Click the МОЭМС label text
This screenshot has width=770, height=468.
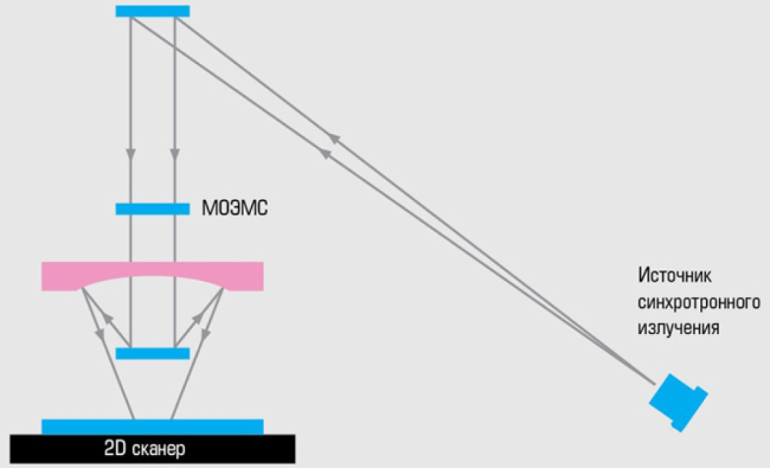click(x=235, y=209)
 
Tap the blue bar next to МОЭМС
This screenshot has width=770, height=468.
click(x=152, y=209)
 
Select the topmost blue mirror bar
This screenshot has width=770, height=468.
click(x=152, y=11)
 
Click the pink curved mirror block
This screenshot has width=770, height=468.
click(x=152, y=276)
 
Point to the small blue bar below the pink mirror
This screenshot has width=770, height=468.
click(x=152, y=353)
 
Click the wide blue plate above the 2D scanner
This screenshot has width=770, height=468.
click(x=152, y=426)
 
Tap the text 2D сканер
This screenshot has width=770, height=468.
click(x=145, y=449)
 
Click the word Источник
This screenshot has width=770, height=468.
click(x=675, y=276)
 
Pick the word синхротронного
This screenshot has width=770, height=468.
click(x=699, y=302)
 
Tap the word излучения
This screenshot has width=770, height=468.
click(x=678, y=328)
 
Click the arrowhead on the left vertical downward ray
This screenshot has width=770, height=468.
click(x=131, y=154)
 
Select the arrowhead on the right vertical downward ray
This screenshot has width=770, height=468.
click(x=175, y=154)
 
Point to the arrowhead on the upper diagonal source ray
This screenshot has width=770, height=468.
click(x=334, y=138)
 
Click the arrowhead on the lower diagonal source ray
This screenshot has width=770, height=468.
click(x=326, y=154)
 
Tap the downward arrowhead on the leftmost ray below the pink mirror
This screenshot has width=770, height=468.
click(x=99, y=333)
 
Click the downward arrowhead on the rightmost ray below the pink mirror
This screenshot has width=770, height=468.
click(x=206, y=334)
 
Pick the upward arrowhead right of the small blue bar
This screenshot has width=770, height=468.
click(x=196, y=318)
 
